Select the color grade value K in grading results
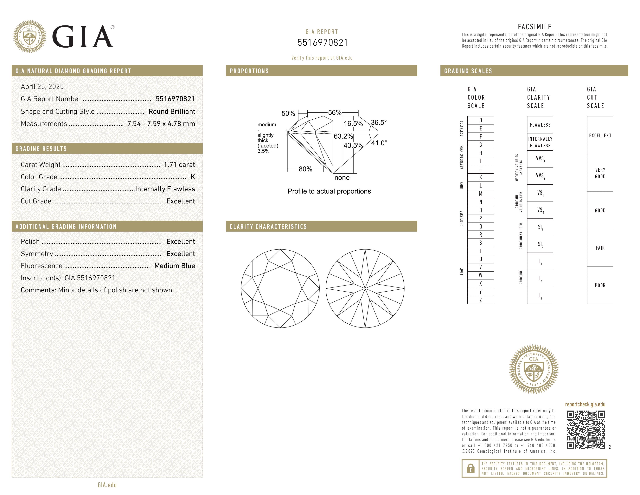(193, 177)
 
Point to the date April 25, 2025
(42, 87)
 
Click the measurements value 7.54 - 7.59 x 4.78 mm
(161, 124)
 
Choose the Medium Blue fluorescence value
(175, 266)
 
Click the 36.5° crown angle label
(379, 122)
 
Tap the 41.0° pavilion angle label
(379, 143)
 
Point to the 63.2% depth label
(343, 136)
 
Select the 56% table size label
(335, 113)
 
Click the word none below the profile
(342, 178)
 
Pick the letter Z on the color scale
(481, 300)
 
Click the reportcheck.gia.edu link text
(585, 404)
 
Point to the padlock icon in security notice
(470, 468)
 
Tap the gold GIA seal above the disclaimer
(534, 369)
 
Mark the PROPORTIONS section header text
(249, 71)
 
